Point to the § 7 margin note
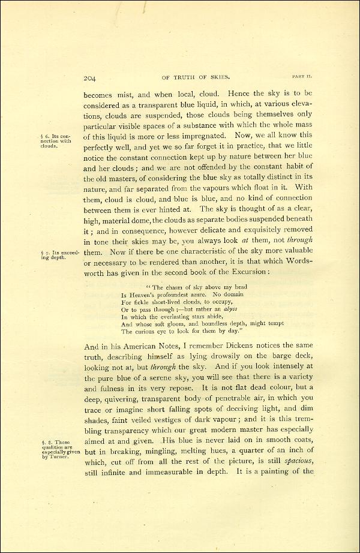coord(58,255)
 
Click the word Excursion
coord(246,272)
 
